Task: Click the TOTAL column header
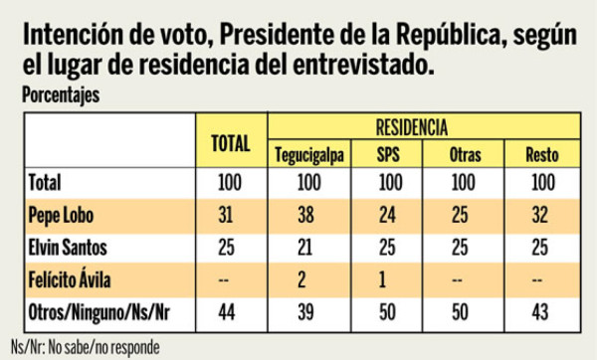point(230,142)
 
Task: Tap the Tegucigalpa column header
point(308,156)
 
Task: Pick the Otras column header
point(464,156)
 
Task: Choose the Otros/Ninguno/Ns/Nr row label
point(104,314)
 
